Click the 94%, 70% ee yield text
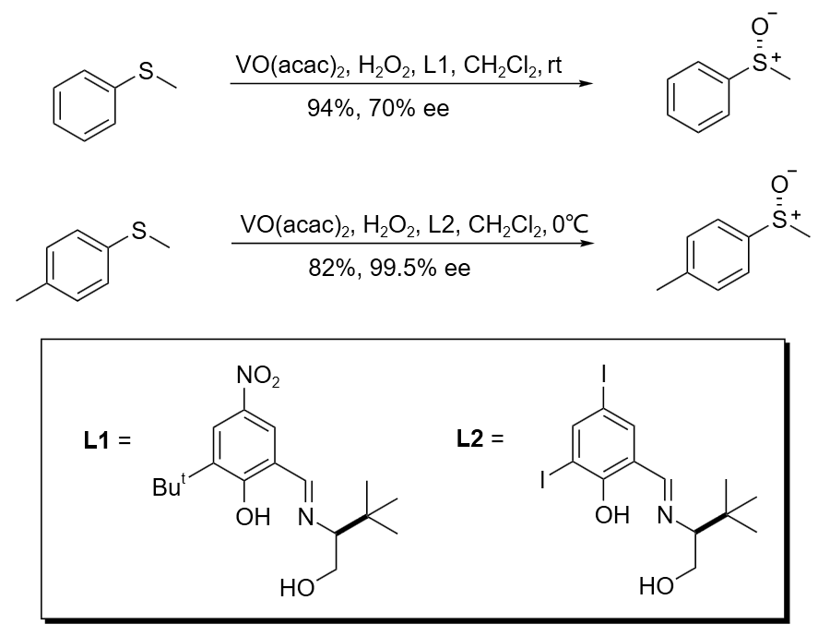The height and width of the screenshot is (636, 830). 378,110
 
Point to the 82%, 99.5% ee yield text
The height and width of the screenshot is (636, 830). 389,269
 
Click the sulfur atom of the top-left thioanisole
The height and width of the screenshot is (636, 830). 146,73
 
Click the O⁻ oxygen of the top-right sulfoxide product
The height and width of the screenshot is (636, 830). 759,28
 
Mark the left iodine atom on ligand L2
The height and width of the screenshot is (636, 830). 545,479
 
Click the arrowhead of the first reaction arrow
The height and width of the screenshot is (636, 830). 585,84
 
